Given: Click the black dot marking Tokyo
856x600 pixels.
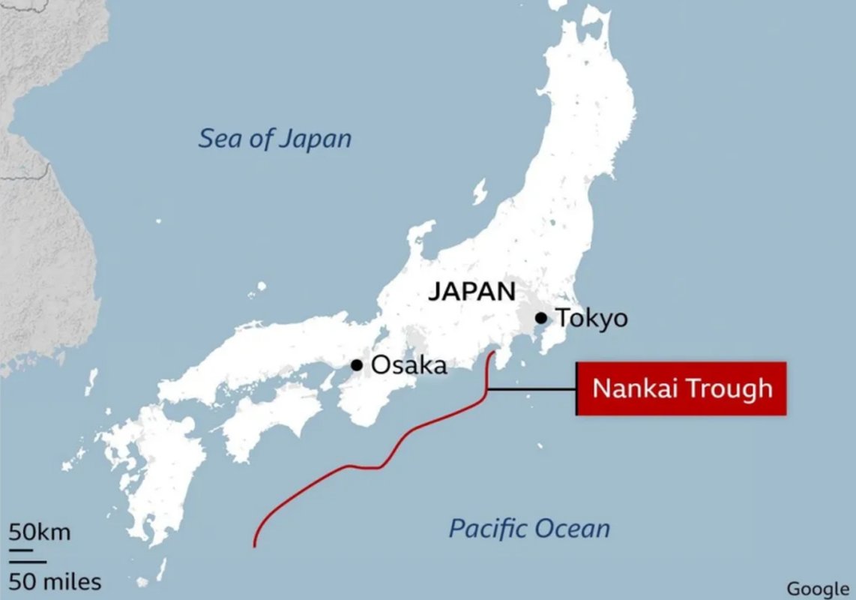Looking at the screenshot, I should pos(541,318).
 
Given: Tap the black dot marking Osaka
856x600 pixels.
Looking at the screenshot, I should pos(357,365).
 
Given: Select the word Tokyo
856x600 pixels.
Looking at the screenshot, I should pos(592,318).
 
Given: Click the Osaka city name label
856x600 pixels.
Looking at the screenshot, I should pos(409,365).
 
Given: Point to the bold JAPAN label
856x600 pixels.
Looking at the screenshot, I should pos(472,292).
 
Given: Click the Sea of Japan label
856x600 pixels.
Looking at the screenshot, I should pos(274,139).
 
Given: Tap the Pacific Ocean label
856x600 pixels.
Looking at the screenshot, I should pos(529,529).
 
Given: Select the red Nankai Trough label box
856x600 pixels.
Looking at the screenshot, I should pos(681,388).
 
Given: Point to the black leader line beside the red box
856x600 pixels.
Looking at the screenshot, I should pos(532,389).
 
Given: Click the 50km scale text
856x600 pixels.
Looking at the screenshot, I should pos(40,533).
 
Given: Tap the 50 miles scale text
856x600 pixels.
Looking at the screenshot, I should pos(55,581).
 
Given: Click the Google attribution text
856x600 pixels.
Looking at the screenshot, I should pos(818,589).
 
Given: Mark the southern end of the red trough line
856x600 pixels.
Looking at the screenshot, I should pos(255,545).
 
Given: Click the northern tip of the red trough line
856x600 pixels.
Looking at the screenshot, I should pos(493,351).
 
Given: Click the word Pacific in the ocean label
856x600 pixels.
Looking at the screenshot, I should pos(487,529).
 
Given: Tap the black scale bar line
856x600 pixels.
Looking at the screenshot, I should pos(28,559).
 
